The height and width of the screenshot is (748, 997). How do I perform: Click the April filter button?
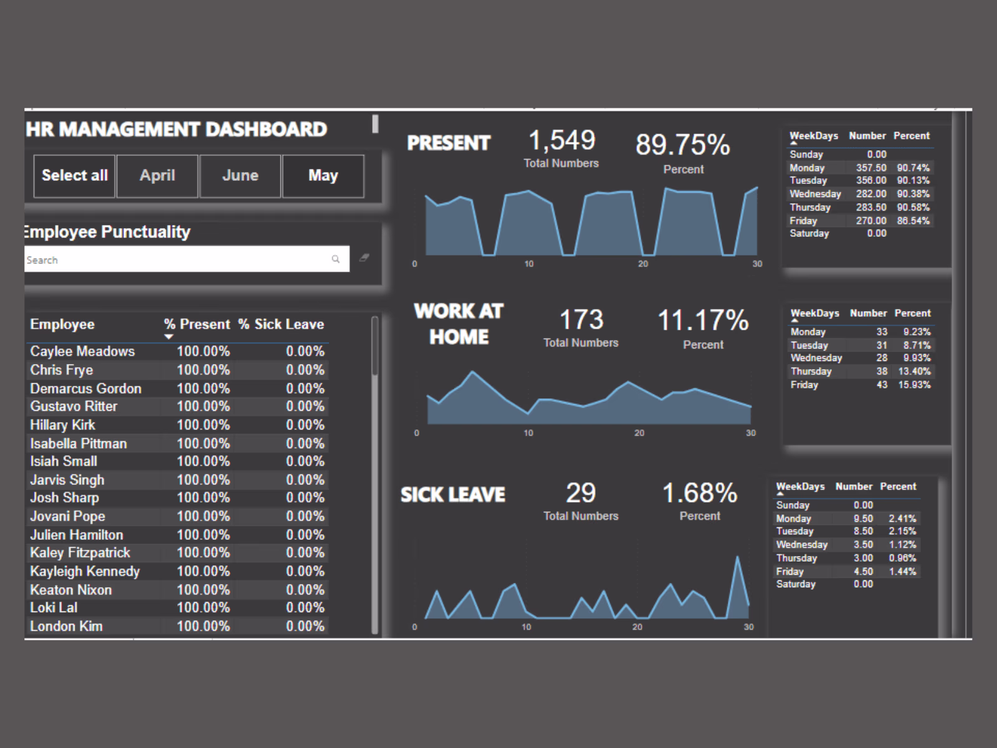[x=157, y=176]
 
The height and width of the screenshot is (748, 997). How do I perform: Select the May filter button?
[x=323, y=176]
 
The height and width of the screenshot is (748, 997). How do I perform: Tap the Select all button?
[x=75, y=176]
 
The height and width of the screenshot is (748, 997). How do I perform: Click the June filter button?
[x=240, y=176]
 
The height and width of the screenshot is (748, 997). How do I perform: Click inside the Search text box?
[x=174, y=259]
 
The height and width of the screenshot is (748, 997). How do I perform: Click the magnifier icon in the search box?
[x=336, y=259]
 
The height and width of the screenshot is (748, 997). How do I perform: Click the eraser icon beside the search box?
[x=365, y=257]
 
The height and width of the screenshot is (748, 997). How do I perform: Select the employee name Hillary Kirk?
[x=63, y=425]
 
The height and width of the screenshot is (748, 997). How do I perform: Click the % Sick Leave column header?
[x=281, y=324]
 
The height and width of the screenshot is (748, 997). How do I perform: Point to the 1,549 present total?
[x=561, y=141]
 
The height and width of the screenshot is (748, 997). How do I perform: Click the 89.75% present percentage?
[x=682, y=145]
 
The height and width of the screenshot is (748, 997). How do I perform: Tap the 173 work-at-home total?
[x=581, y=320]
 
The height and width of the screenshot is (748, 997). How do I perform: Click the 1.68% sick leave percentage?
[x=699, y=494]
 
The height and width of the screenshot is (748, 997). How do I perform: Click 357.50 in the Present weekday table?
[x=871, y=168]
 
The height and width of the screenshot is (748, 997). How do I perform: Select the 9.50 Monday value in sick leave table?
[x=863, y=519]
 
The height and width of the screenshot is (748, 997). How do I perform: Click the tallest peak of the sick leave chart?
[x=738, y=558]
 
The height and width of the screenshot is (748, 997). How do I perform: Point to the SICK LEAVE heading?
[x=453, y=495]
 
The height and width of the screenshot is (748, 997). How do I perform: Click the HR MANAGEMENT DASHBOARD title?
[x=176, y=129]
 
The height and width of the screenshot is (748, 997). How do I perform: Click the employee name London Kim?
[x=67, y=626]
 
